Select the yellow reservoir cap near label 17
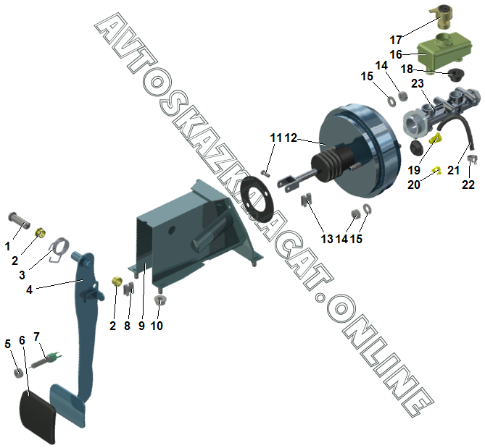pos(439,14)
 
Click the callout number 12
pos(291,138)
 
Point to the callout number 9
pos(141,326)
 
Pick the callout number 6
pos(22,340)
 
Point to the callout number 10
pos(157,326)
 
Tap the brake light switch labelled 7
pos(47,355)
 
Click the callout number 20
pos(413,185)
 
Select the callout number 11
pos(275,138)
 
